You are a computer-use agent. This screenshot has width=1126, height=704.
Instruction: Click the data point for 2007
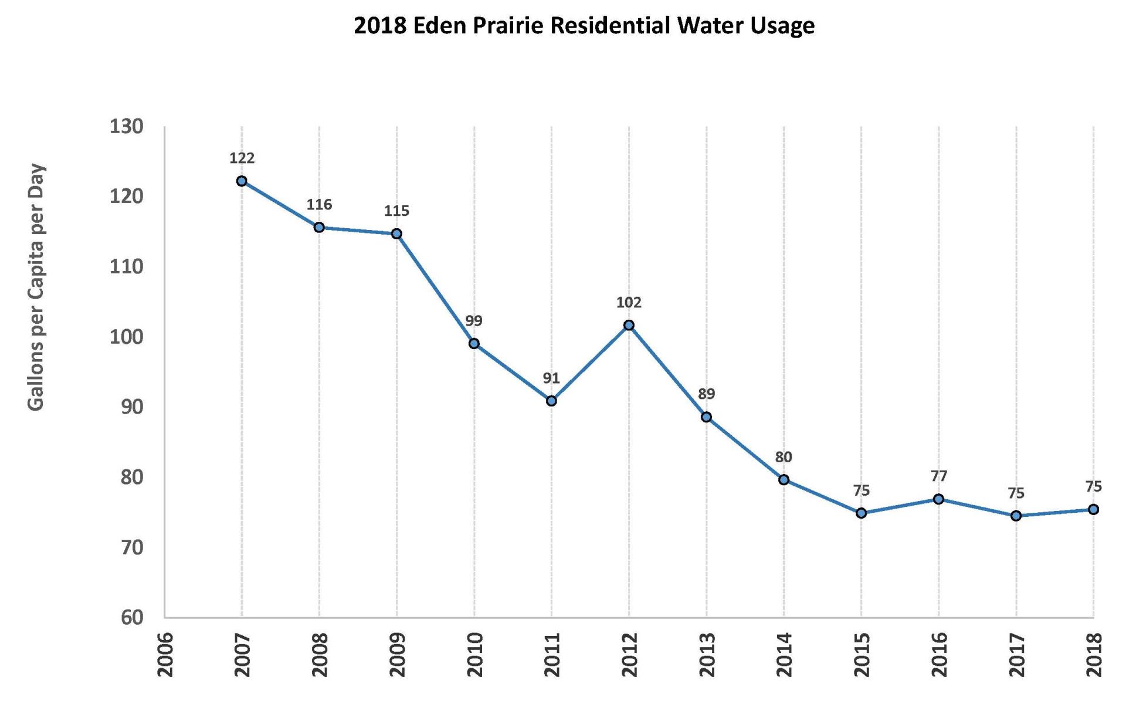click(242, 181)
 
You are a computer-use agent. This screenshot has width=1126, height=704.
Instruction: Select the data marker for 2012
click(629, 325)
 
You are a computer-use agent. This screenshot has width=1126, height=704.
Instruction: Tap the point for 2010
click(474, 343)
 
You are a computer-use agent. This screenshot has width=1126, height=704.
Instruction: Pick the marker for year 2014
click(784, 479)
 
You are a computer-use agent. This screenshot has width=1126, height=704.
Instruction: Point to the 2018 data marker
click(1093, 509)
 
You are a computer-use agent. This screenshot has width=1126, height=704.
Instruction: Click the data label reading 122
click(242, 158)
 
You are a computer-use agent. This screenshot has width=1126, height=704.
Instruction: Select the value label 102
click(629, 303)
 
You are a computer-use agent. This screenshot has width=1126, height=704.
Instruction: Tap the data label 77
click(939, 476)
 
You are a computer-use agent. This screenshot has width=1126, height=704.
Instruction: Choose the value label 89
click(706, 394)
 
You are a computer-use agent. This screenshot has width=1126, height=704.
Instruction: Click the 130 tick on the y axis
click(127, 126)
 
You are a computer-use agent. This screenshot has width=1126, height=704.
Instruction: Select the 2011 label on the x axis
click(552, 654)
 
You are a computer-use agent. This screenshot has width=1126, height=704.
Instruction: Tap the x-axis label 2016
click(939, 654)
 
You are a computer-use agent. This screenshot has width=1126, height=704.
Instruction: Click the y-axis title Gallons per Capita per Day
click(36, 287)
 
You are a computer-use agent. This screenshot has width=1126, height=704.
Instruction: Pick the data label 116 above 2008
click(319, 205)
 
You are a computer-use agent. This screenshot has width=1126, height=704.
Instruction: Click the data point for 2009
click(396, 233)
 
